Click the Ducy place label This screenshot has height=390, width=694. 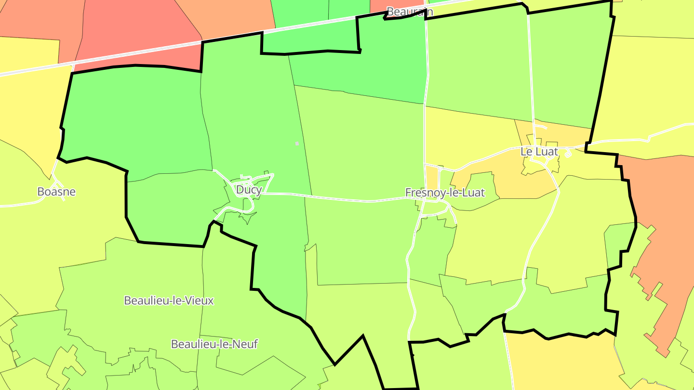(249, 190)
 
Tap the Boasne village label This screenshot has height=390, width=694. (56, 192)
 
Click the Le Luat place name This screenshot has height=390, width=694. (539, 152)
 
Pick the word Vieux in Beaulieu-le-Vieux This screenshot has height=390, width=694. (200, 300)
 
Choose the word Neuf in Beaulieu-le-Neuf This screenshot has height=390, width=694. (246, 344)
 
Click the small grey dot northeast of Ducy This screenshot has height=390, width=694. (297, 143)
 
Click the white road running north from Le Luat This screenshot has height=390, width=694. (531, 72)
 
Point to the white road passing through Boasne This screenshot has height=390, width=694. (29, 204)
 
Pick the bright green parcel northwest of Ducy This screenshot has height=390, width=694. (135, 120)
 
